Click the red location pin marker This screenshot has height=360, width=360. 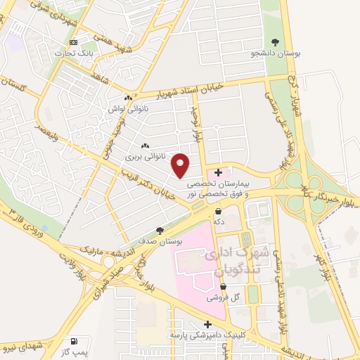click(x=181, y=165)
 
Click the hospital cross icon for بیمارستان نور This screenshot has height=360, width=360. click(x=219, y=172)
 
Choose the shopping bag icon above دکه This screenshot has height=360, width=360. click(x=219, y=210)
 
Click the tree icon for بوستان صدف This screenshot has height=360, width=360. click(x=160, y=230)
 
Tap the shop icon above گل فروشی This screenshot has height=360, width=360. click(x=223, y=286)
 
